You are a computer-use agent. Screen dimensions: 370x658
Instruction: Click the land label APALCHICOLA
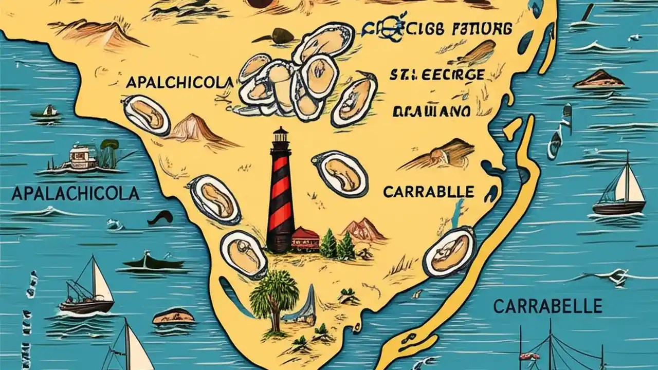[x=179, y=82]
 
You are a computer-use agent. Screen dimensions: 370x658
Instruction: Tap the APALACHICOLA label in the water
[x=75, y=194]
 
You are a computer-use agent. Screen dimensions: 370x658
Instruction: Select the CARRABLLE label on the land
[x=428, y=192]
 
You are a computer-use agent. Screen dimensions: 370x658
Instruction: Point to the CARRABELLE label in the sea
[x=547, y=307]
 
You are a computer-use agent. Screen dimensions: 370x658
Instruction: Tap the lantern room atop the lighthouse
[x=280, y=136]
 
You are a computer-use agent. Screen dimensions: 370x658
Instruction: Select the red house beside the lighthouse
[x=305, y=239]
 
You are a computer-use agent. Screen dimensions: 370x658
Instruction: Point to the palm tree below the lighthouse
[x=273, y=298]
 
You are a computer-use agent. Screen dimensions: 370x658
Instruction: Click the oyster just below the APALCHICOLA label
[x=147, y=115]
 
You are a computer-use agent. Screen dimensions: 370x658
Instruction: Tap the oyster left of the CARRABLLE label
[x=340, y=173]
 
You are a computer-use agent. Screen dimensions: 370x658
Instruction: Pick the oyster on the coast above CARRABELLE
[x=449, y=252]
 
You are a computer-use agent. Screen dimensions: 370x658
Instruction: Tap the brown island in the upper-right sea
[x=599, y=79]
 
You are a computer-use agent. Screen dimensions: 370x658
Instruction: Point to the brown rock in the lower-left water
[x=174, y=316]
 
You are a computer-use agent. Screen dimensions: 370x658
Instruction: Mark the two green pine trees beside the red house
[x=337, y=246]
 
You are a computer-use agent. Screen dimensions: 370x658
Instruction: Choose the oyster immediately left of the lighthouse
[x=214, y=199]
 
